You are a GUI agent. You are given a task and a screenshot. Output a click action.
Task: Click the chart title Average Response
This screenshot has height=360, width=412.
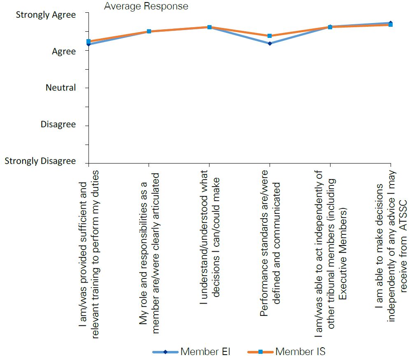pyautogui.click(x=146, y=6)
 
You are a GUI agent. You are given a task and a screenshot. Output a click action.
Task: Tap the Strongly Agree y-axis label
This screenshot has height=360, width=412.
pyautogui.click(x=46, y=15)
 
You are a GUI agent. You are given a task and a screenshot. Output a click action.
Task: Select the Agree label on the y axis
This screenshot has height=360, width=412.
pyautogui.click(x=64, y=51)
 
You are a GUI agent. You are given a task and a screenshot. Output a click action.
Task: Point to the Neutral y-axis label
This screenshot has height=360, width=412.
pyautogui.click(x=61, y=88)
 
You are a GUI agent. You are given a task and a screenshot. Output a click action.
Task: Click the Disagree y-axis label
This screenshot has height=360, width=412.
pyautogui.click(x=58, y=124)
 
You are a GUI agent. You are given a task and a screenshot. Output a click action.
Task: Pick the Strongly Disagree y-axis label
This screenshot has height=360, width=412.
pyautogui.click(x=40, y=161)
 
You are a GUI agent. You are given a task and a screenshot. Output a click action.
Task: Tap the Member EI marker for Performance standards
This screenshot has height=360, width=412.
pyautogui.click(x=270, y=43)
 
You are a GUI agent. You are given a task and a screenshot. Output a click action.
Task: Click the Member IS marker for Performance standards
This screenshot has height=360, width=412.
pyautogui.click(x=270, y=36)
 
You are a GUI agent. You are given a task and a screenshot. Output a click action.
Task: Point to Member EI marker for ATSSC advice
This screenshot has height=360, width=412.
pyautogui.click(x=390, y=22)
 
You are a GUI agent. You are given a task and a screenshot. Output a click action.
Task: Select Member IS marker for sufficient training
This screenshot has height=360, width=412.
pyautogui.click(x=88, y=41)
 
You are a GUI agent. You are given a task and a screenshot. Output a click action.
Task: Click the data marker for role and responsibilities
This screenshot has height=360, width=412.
pyautogui.click(x=149, y=31)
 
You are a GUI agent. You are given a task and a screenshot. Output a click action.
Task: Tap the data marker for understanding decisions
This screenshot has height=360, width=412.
pyautogui.click(x=209, y=27)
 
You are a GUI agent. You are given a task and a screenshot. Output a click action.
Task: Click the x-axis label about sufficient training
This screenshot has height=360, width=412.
pyautogui.click(x=88, y=253)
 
